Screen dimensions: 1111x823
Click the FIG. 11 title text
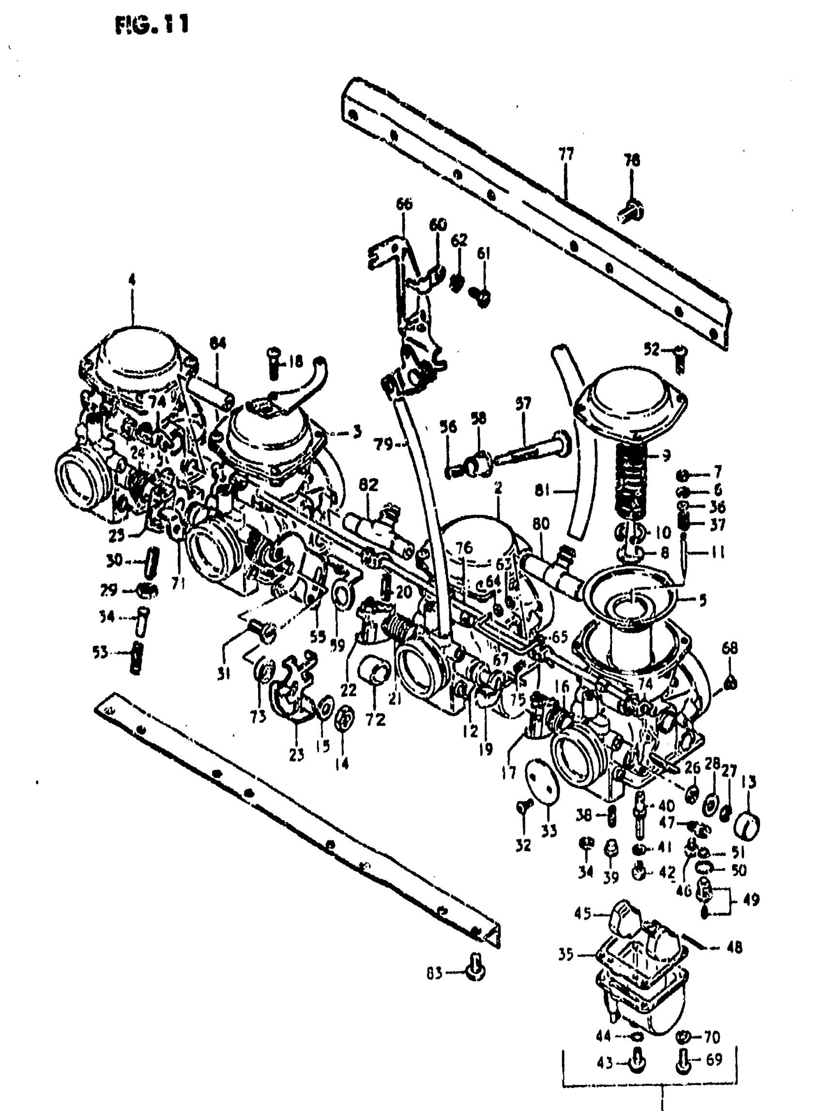click(152, 24)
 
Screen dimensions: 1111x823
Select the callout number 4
click(132, 280)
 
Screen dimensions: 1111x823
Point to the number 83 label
click(434, 973)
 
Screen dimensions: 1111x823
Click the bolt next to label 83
click(475, 969)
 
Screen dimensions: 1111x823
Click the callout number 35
click(566, 954)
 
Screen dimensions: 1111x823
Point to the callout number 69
click(714, 1059)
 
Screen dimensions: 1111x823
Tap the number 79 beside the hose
click(383, 443)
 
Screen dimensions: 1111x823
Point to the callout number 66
click(405, 204)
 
